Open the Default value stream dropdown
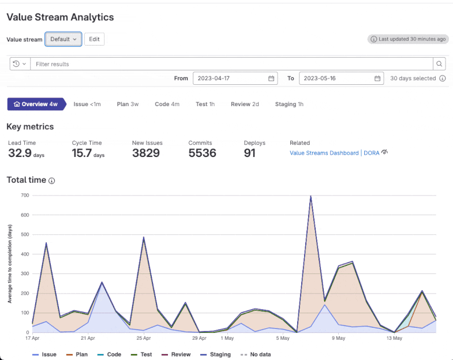pyautogui.click(x=63, y=39)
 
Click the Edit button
pyautogui.click(x=94, y=39)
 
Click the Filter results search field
pyautogui.click(x=231, y=64)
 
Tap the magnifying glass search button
pyautogui.click(x=440, y=64)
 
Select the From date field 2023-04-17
pyautogui.click(x=234, y=78)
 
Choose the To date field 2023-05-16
pyautogui.click(x=341, y=78)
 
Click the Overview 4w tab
pyautogui.click(x=35, y=104)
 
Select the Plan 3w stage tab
pyautogui.click(x=128, y=104)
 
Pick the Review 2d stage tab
pyautogui.click(x=245, y=104)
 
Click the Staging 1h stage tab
pyautogui.click(x=289, y=104)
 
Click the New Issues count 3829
pyautogui.click(x=145, y=153)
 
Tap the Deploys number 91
pyautogui.click(x=250, y=153)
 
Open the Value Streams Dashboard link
pyautogui.click(x=324, y=153)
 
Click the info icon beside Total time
pyautogui.click(x=52, y=181)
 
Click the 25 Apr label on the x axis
pyautogui.click(x=143, y=339)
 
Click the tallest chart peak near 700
pyautogui.click(x=310, y=197)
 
